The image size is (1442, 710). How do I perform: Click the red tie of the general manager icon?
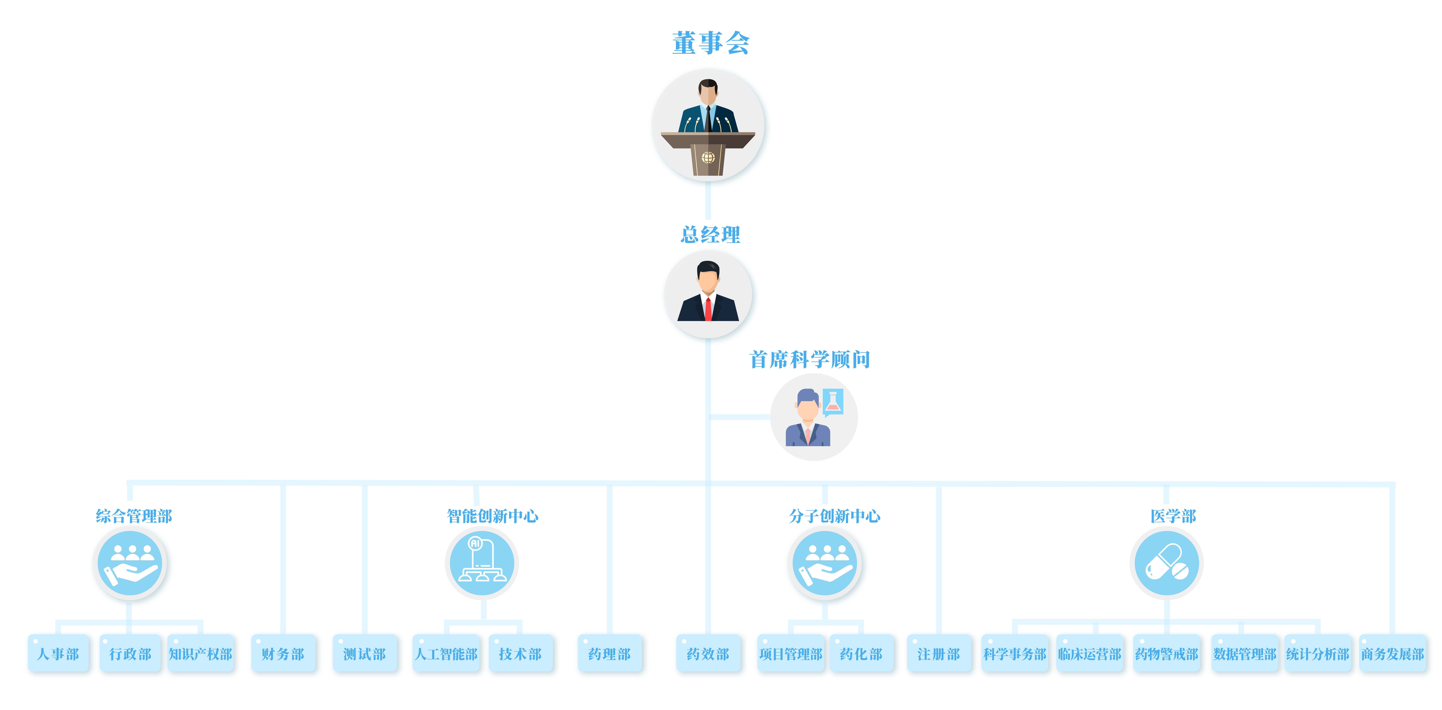point(708,310)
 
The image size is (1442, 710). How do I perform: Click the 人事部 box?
point(58,653)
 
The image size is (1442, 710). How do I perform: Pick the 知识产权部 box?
point(200,653)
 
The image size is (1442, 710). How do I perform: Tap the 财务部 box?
point(283,653)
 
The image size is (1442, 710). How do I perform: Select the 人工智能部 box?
point(446,653)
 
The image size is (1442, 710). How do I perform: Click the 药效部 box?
point(708,653)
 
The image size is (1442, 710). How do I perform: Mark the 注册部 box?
point(939,653)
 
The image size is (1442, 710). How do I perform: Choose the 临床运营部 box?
point(1089,653)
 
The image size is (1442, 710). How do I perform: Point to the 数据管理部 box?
point(1244,653)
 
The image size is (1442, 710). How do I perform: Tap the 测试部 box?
point(364,653)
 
